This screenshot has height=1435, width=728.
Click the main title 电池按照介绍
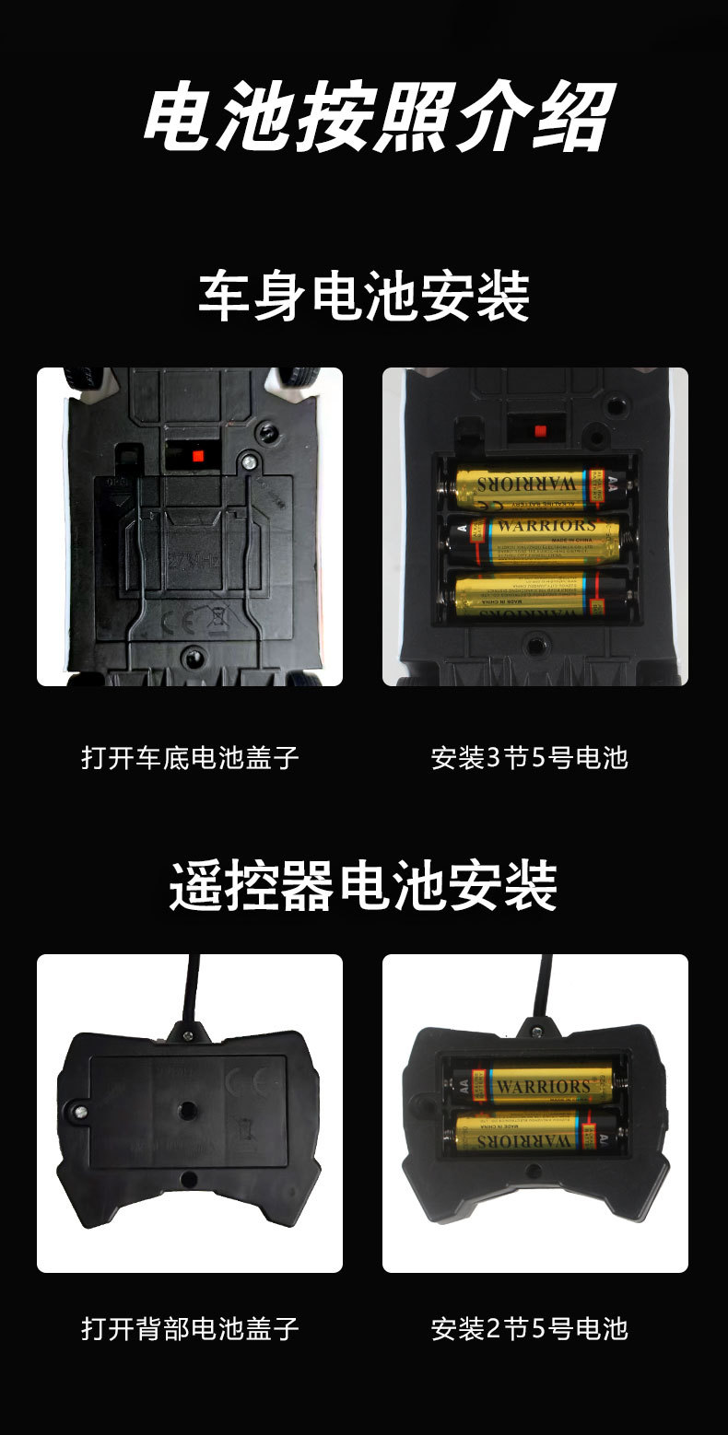coord(378,117)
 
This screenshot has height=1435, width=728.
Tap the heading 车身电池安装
coord(364,297)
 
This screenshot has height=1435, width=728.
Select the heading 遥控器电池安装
coord(364,885)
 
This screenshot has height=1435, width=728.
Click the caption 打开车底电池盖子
coord(190,758)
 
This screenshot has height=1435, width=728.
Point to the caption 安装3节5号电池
coord(530,758)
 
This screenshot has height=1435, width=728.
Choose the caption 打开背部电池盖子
coord(190,1328)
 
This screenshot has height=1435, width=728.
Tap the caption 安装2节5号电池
coord(530,1328)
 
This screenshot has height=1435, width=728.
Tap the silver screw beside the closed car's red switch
coord(247,461)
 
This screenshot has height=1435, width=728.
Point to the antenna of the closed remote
coord(192,986)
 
